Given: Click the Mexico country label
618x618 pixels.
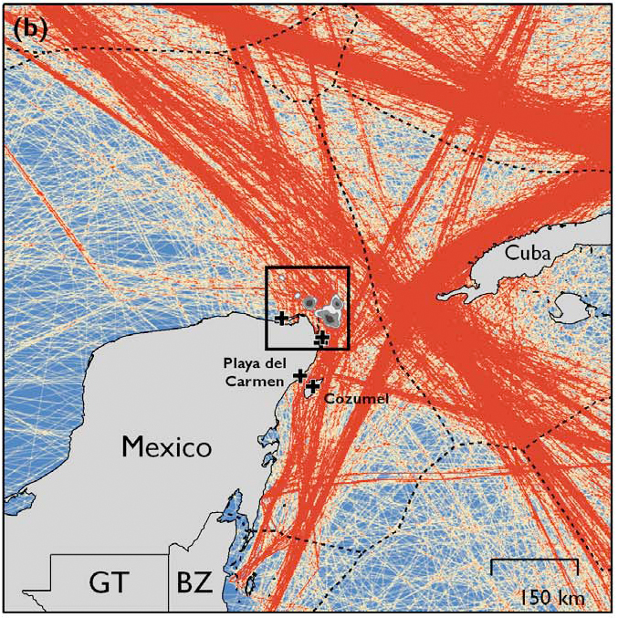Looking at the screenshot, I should click(166, 446).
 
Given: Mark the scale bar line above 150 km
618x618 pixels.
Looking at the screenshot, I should click(534, 560).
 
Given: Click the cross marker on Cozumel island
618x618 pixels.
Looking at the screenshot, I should click(312, 386).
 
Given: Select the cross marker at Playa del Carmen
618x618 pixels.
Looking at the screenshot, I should click(299, 374).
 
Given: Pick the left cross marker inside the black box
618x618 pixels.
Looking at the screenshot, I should click(281, 318).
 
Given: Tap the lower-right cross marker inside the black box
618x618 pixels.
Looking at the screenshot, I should click(321, 338).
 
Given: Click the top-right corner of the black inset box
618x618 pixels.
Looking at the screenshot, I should click(349, 267).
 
